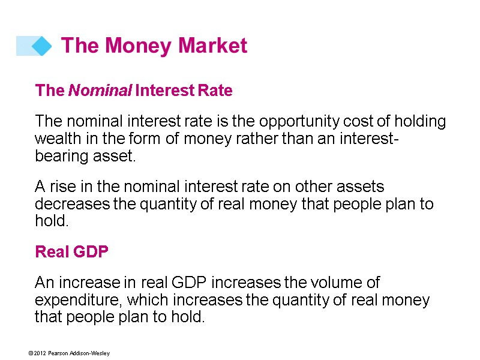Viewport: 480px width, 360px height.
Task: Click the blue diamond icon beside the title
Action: (x=41, y=46)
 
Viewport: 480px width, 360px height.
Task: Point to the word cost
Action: (x=346, y=122)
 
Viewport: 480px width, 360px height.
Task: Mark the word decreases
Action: (x=71, y=204)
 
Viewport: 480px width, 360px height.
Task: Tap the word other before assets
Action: (x=316, y=187)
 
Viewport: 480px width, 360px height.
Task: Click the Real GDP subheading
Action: (x=72, y=251)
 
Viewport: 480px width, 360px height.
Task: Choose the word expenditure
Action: (x=74, y=299)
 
